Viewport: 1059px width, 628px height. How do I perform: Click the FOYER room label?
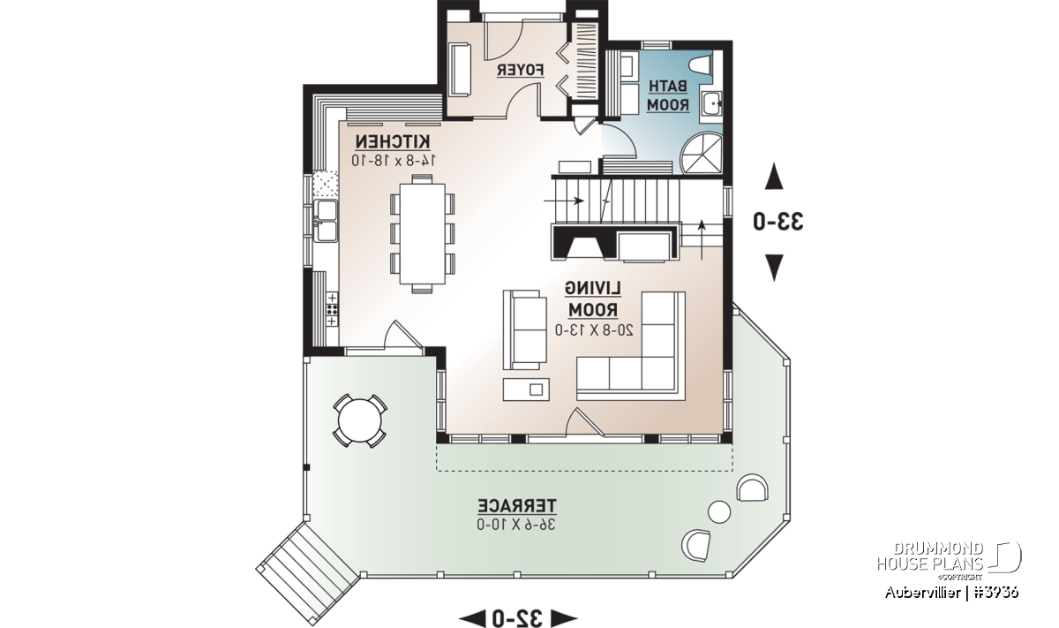[520, 71]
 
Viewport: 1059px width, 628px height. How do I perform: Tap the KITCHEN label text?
[393, 141]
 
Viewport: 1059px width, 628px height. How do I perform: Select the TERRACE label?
[517, 505]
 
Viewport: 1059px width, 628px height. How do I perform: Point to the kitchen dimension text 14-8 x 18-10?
[394, 161]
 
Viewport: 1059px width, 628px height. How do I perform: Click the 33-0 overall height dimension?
[778, 222]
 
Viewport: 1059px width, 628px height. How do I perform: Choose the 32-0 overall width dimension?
[517, 618]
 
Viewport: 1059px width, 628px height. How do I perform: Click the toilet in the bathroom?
[702, 65]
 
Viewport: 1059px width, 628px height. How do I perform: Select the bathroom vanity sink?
[711, 103]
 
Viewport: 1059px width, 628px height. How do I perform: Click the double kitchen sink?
[326, 221]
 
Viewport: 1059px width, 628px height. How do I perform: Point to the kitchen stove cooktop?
[332, 310]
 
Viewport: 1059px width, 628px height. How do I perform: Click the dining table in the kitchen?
[423, 234]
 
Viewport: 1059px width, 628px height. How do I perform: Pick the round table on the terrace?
[360, 420]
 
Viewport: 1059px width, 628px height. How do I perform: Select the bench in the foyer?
[460, 70]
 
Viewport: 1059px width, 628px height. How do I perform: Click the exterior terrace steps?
[308, 562]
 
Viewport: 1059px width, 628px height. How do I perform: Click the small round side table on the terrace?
[719, 512]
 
